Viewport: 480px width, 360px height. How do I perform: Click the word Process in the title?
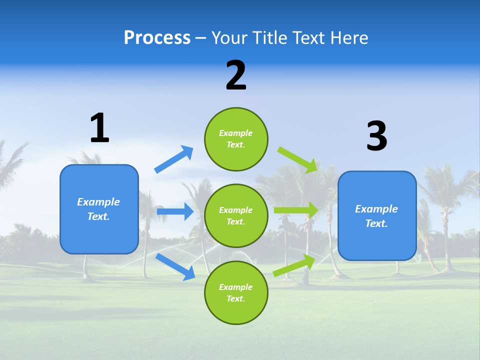pos(157,38)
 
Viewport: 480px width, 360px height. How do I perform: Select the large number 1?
pos(99,128)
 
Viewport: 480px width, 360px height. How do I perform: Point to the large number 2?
pos(236,75)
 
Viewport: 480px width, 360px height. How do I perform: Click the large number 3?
pos(376,136)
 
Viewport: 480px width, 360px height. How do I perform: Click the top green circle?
pos(236,139)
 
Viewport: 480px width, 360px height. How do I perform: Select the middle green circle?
pos(236,215)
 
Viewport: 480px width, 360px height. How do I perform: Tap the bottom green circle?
pos(236,292)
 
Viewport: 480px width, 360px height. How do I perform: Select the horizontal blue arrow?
pos(175,211)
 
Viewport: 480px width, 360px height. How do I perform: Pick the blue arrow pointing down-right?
pos(175,266)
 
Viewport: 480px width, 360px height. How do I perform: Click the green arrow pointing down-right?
pos(298,159)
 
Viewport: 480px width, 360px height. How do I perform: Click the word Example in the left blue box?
pos(98,202)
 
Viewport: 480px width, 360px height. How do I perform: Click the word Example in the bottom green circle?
pos(235,287)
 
